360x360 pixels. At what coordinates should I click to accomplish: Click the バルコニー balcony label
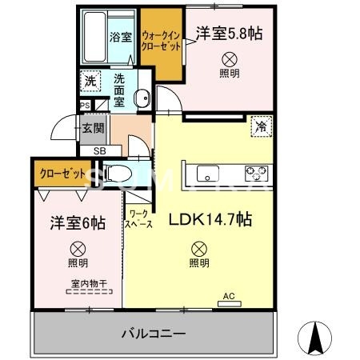[x=154, y=332]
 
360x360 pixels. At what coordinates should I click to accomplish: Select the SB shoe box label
[x=99, y=150]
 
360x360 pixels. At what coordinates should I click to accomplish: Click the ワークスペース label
[x=138, y=219]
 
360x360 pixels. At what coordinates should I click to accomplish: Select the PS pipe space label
[x=84, y=105]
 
